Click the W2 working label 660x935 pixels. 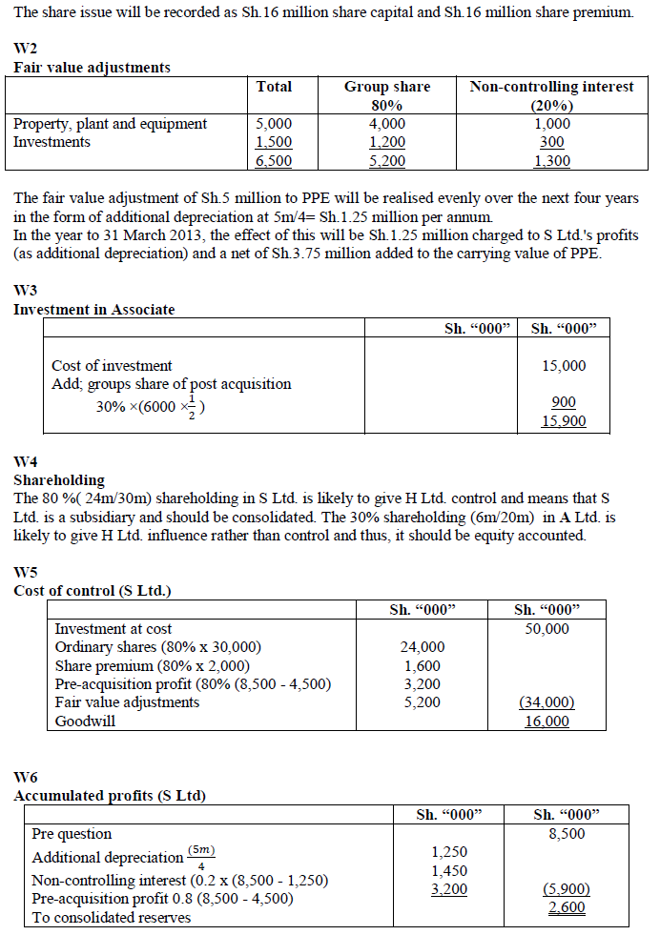point(26,49)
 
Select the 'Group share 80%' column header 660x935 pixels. point(386,95)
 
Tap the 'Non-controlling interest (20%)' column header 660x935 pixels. point(551,95)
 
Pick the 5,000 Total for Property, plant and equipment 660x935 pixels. point(275,124)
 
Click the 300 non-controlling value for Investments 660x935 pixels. point(551,142)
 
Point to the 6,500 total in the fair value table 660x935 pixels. point(275,161)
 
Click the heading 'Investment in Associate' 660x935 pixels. point(94,309)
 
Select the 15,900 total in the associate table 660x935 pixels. point(564,421)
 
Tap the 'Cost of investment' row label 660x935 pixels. point(112,366)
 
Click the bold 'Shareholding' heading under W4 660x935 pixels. point(59,480)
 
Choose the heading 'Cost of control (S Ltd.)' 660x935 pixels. point(93,591)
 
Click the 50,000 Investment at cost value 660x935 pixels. point(547,629)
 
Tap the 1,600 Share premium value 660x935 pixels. point(423,666)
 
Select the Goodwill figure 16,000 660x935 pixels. point(547,722)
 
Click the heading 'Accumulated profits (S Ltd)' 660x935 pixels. point(110,796)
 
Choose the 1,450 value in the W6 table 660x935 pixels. point(449,871)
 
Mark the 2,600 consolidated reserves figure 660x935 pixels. point(567,908)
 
